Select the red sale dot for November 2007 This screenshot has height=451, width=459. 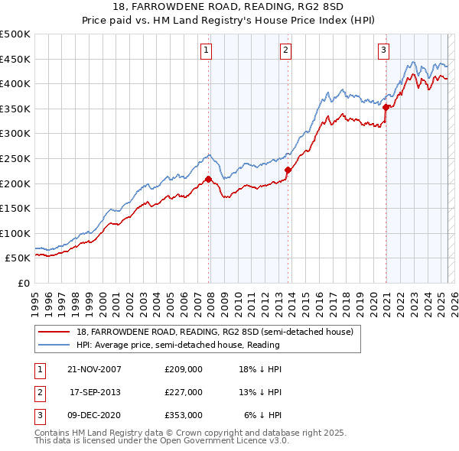tap(208, 179)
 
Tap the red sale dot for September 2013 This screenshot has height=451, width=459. tap(288, 170)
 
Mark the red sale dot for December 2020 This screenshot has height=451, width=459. tap(386, 107)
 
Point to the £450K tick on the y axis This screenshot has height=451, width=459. tap(15, 60)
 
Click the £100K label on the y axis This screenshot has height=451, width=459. tap(15, 233)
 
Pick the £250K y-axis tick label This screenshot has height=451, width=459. tap(15, 159)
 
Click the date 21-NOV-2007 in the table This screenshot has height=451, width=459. tap(94, 369)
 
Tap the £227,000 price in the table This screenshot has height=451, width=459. tap(183, 392)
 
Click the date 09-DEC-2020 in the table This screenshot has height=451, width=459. tap(94, 415)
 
